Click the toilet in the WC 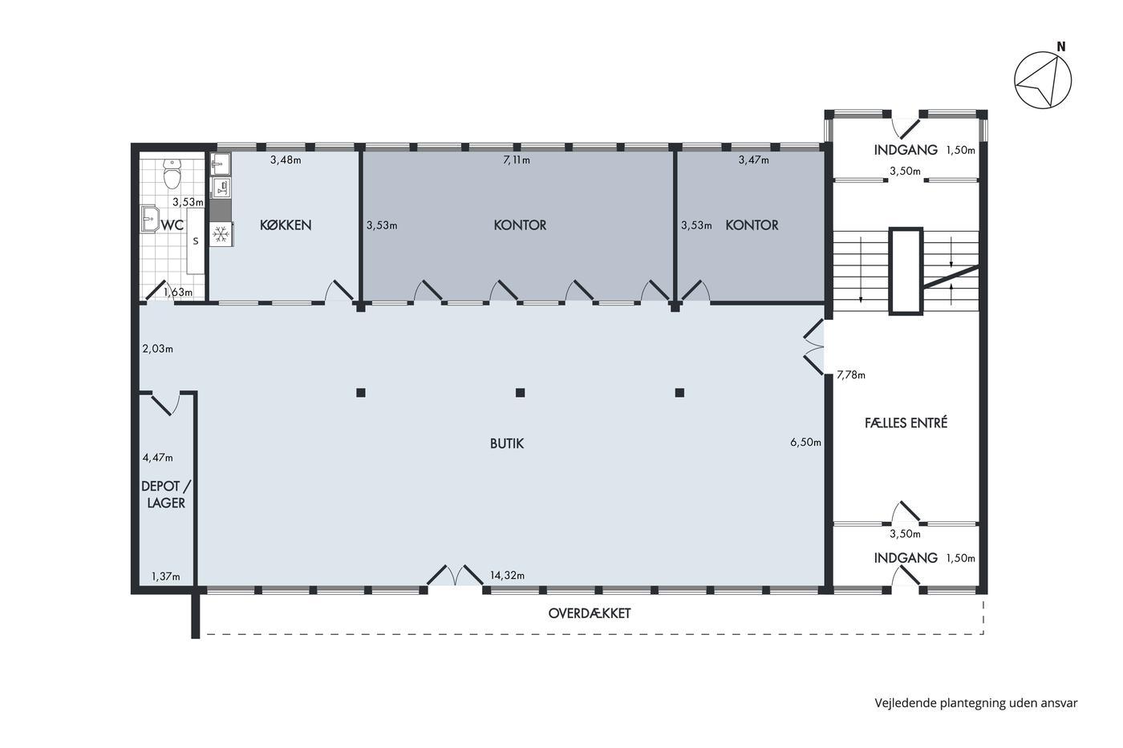click(x=172, y=173)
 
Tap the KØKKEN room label click(x=286, y=225)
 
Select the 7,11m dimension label click(x=517, y=160)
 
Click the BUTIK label click(x=507, y=443)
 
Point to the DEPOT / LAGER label click(x=166, y=495)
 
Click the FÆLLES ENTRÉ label click(x=906, y=423)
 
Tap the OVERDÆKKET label click(x=589, y=613)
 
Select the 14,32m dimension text click(x=507, y=575)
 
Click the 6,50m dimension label click(x=805, y=442)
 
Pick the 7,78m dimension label click(x=851, y=374)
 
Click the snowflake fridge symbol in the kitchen click(x=221, y=234)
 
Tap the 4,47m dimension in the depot click(x=158, y=458)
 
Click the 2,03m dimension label click(x=157, y=349)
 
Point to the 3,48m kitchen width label click(x=286, y=160)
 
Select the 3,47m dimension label click(x=753, y=160)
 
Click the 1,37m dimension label click(x=166, y=576)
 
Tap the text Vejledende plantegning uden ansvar click(x=976, y=703)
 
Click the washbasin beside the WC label click(x=149, y=218)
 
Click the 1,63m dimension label click(x=178, y=292)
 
